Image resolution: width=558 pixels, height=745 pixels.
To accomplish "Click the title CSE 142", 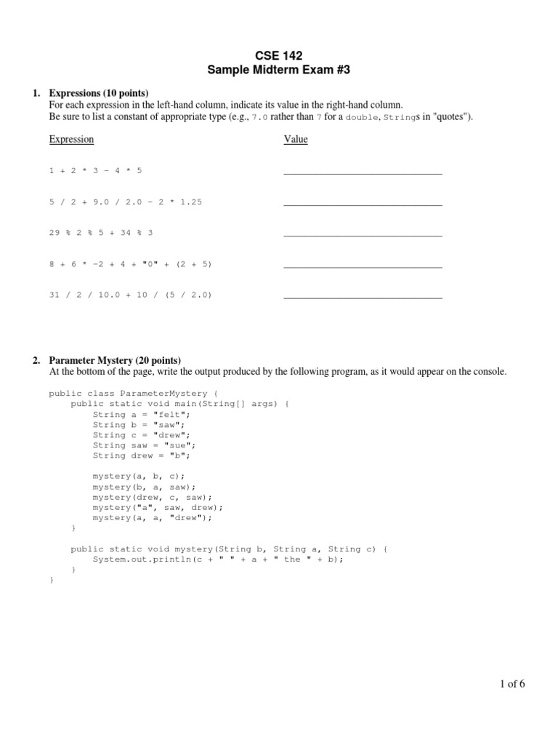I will [x=278, y=55].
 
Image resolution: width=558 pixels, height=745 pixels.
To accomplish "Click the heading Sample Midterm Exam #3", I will [x=278, y=70].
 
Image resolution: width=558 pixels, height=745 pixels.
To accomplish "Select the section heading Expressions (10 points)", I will [x=98, y=93].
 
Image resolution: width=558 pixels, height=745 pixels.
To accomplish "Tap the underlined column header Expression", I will [x=71, y=139].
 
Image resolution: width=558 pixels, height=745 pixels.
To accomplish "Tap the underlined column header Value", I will [x=295, y=139].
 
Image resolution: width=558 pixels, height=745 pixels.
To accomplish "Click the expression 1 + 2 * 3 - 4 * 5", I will [x=96, y=170].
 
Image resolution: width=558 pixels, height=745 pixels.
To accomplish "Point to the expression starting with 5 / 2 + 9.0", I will [x=125, y=202].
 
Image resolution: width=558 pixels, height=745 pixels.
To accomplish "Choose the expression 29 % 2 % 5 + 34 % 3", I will [x=101, y=233].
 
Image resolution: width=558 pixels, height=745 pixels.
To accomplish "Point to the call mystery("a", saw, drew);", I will [x=158, y=507].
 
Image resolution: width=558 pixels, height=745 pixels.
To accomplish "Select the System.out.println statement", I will [x=217, y=559].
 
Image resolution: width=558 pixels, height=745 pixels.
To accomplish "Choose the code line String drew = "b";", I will [x=141, y=455].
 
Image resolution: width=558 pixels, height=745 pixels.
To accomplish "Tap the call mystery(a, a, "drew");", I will [x=152, y=517].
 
